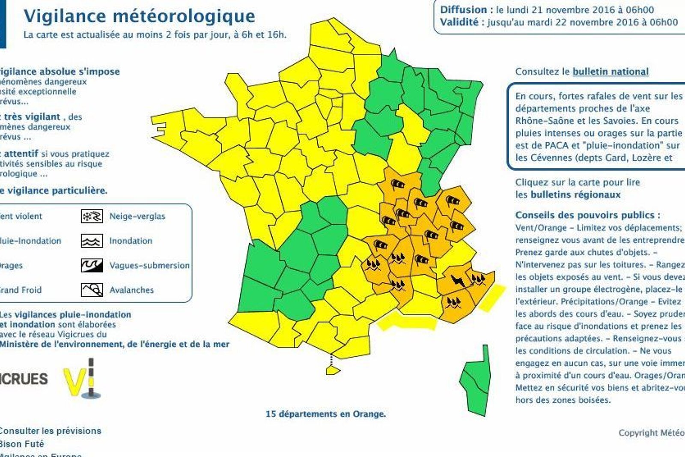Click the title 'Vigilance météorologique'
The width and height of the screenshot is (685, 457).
139,16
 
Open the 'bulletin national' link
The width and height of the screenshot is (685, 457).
611,72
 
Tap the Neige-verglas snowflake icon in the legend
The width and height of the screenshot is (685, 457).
92,216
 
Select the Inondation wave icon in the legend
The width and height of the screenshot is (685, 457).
92,241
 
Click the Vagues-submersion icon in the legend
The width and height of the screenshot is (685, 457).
92,266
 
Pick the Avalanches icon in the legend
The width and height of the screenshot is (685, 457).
92,290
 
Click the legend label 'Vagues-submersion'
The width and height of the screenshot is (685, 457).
149,266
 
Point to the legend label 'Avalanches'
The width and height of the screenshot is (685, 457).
131,290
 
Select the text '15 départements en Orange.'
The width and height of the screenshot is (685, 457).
326,414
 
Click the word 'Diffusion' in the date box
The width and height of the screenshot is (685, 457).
464,10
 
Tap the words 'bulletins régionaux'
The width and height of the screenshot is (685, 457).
575,194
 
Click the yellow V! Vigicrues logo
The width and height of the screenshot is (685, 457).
83,379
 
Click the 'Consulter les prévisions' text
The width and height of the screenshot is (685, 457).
51,431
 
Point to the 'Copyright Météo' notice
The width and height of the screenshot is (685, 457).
651,433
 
